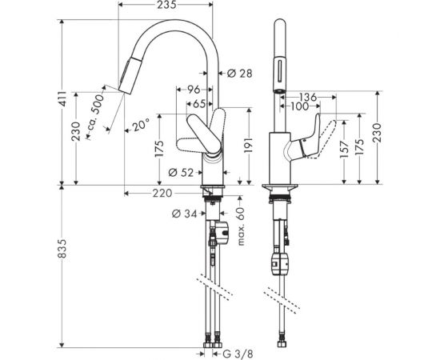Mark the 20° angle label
141,125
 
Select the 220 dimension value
163,192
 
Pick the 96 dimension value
193,90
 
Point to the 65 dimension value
198,103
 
